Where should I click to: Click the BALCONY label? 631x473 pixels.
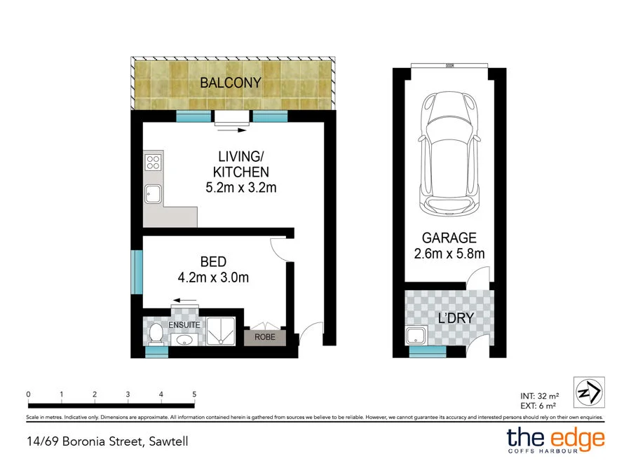[x=231, y=83]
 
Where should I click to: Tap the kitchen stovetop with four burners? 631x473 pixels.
[x=153, y=163]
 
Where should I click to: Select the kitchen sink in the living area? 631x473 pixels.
[x=152, y=193]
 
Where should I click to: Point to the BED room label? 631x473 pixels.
[x=213, y=262]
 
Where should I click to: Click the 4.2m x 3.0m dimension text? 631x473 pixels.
[x=213, y=277]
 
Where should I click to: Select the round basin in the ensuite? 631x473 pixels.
[x=185, y=340]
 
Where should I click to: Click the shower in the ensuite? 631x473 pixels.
[x=222, y=332]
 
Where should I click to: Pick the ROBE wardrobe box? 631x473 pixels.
[x=265, y=337]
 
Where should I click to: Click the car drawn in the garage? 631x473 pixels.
[x=449, y=155]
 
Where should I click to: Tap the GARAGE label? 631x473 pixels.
[x=449, y=238]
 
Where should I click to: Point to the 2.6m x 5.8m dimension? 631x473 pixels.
[x=449, y=254]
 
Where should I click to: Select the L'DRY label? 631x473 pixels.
[x=456, y=318]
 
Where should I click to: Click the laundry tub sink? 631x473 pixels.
[x=418, y=335]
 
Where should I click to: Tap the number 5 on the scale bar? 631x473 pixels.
[x=194, y=395]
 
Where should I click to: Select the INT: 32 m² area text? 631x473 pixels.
[x=538, y=396]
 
